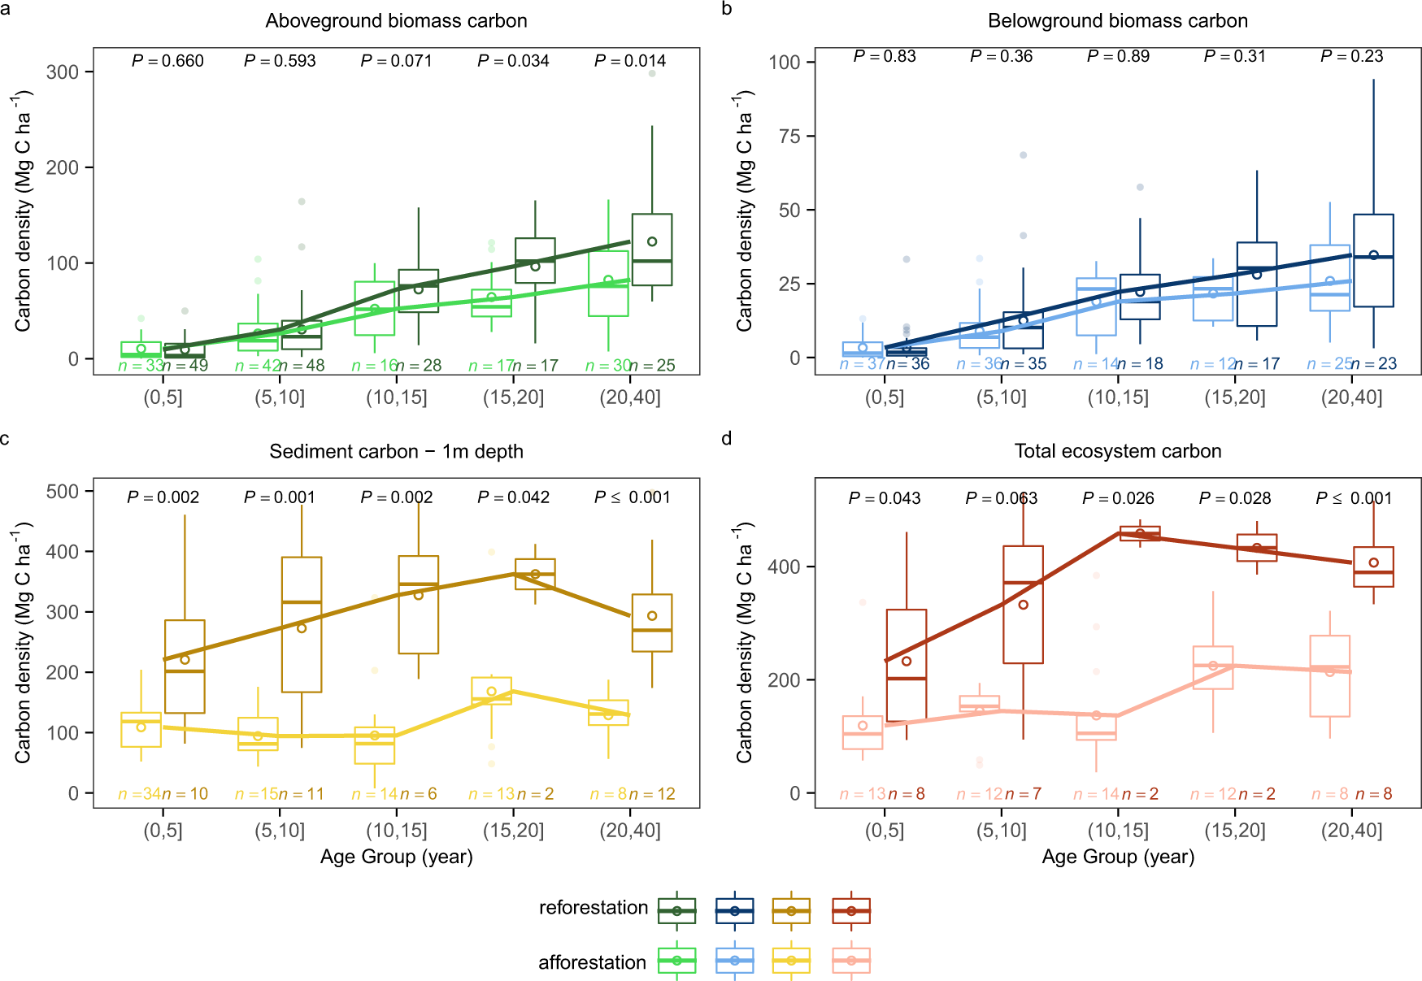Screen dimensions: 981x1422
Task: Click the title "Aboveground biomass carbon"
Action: (x=396, y=21)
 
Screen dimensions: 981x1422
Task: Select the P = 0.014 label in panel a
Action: (x=630, y=61)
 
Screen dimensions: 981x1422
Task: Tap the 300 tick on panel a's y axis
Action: (x=63, y=72)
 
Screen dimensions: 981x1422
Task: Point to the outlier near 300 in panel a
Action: (x=652, y=74)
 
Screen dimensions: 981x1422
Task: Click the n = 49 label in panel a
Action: (x=186, y=366)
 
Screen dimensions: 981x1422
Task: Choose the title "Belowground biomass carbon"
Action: (x=1118, y=21)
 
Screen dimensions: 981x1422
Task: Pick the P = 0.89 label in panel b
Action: (x=1118, y=56)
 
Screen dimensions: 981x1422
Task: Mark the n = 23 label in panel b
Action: (x=1374, y=364)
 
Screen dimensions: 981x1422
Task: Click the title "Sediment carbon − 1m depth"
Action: (x=396, y=452)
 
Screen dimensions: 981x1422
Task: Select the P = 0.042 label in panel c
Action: (x=513, y=497)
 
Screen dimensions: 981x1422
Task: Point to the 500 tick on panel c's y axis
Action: (x=63, y=492)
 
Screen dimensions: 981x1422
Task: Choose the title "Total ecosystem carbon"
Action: (x=1118, y=452)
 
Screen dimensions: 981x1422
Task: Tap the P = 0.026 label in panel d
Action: (x=1118, y=498)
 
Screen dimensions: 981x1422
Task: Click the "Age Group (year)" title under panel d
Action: (x=1118, y=857)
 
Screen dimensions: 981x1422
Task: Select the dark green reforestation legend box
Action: (x=677, y=911)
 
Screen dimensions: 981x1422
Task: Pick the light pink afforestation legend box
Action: (x=851, y=961)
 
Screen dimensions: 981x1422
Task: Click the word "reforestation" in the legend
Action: (x=594, y=908)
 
